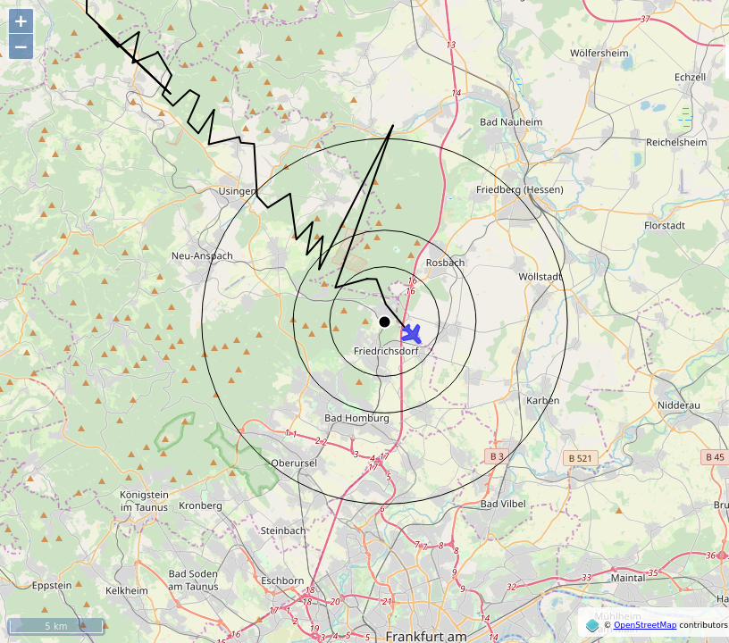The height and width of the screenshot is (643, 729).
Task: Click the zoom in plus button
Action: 21,21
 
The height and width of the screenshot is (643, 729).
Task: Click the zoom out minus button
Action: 21,46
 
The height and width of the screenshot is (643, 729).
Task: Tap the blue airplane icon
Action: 411,334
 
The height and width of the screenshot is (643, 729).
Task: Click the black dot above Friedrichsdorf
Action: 384,321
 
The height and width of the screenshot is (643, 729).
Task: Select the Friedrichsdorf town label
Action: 386,352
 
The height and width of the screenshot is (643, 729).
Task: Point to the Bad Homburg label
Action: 356,418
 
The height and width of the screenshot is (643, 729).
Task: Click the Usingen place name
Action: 237,191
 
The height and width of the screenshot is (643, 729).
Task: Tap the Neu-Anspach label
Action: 202,256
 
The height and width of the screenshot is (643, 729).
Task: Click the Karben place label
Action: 542,400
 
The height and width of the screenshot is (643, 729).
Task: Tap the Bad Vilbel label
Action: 502,505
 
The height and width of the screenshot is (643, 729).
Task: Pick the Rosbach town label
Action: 445,263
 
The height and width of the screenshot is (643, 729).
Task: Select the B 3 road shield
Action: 497,456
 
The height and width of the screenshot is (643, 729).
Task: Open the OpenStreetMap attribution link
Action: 644,625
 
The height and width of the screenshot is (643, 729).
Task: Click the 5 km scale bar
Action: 55,626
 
